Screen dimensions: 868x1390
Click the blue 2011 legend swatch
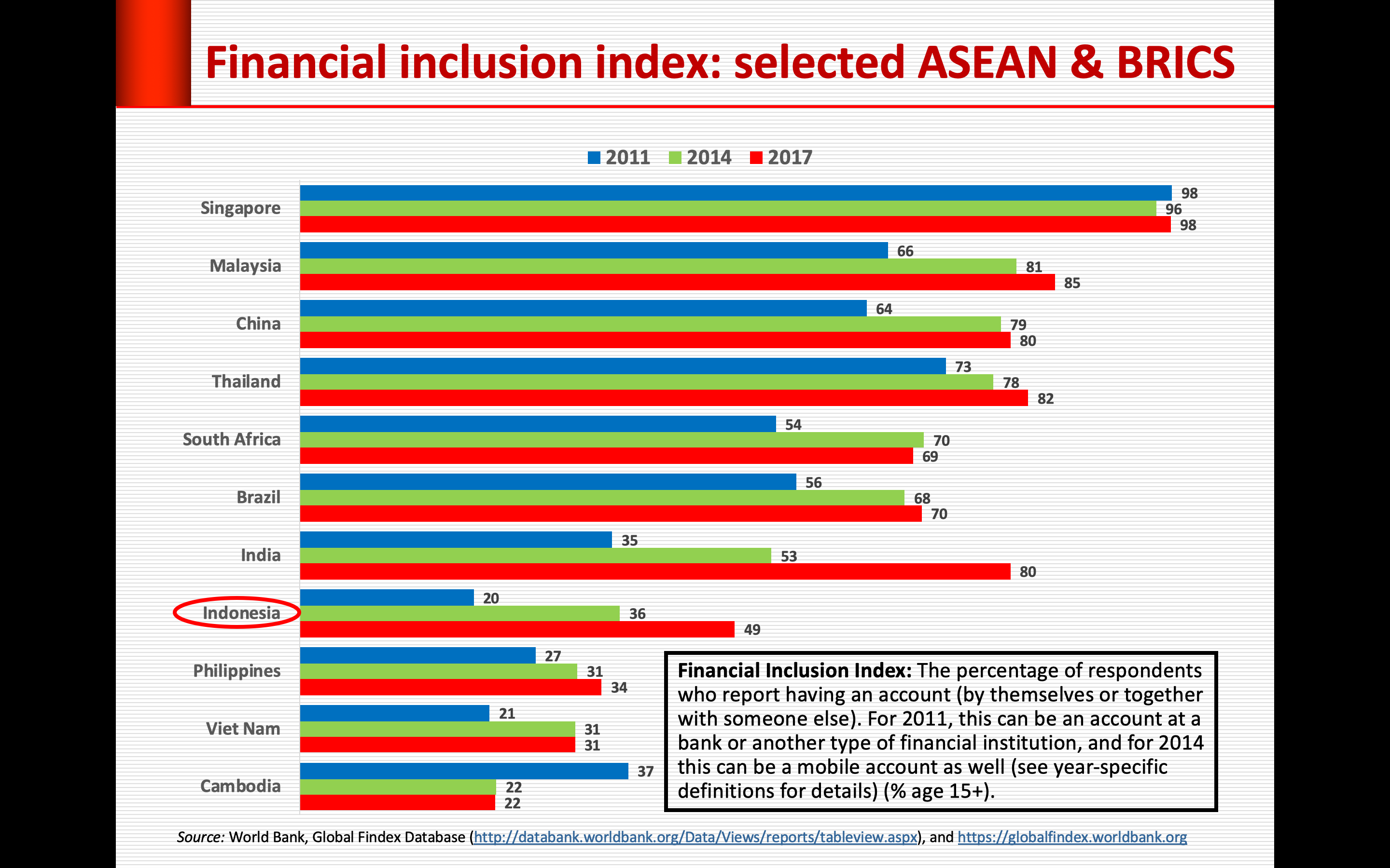pyautogui.click(x=594, y=158)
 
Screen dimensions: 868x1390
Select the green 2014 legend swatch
pyautogui.click(x=675, y=158)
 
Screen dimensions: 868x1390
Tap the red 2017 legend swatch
pyautogui.click(x=756, y=158)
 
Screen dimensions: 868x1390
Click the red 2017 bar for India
pyautogui.click(x=655, y=572)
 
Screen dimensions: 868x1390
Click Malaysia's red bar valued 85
pyautogui.click(x=677, y=283)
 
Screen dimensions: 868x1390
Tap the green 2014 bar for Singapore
pyautogui.click(x=728, y=209)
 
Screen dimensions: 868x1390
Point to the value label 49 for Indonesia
pyautogui.click(x=752, y=630)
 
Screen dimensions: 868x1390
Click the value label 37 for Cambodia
pyautogui.click(x=645, y=772)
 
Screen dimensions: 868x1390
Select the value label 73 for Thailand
pyautogui.click(x=963, y=367)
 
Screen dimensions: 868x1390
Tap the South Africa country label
pyautogui.click(x=232, y=440)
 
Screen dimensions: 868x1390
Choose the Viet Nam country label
pyautogui.click(x=243, y=729)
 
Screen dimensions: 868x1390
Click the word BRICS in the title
pyautogui.click(x=1175, y=63)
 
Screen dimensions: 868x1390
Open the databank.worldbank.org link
pyautogui.click(x=695, y=838)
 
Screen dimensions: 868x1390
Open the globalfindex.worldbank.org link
pyautogui.click(x=1072, y=838)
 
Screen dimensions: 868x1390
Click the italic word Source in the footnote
pyautogui.click(x=200, y=838)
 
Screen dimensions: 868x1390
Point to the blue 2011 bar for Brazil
pyautogui.click(x=548, y=482)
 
